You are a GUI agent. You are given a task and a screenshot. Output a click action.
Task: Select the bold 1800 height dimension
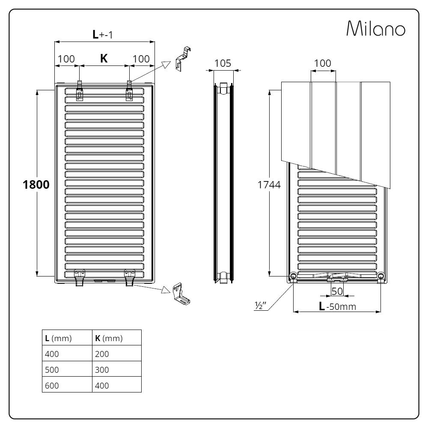(x=36, y=185)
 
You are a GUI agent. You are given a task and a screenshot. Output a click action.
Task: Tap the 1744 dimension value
(x=269, y=185)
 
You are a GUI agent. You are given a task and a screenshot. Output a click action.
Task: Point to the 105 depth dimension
(x=223, y=63)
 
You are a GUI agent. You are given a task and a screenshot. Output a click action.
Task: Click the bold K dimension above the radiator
(x=104, y=59)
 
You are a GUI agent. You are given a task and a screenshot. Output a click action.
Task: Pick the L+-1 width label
(x=103, y=35)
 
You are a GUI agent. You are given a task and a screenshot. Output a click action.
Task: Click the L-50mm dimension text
(x=338, y=306)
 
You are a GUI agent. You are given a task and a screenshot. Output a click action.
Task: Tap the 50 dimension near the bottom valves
(x=337, y=291)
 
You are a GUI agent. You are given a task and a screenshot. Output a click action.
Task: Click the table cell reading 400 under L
(x=52, y=354)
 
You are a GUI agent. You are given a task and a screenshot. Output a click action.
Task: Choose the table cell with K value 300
(x=102, y=369)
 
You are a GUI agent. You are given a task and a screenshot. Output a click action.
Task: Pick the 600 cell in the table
(x=52, y=385)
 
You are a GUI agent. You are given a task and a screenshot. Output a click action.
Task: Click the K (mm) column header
(x=109, y=338)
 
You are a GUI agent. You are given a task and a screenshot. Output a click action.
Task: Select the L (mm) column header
(x=59, y=338)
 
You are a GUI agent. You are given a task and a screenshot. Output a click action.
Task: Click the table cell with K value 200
(x=102, y=354)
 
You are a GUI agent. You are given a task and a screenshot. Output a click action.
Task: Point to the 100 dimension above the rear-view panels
(x=322, y=63)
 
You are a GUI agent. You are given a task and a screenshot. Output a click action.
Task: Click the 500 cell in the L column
(x=52, y=369)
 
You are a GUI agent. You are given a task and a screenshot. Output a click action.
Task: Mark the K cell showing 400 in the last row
(x=102, y=385)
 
